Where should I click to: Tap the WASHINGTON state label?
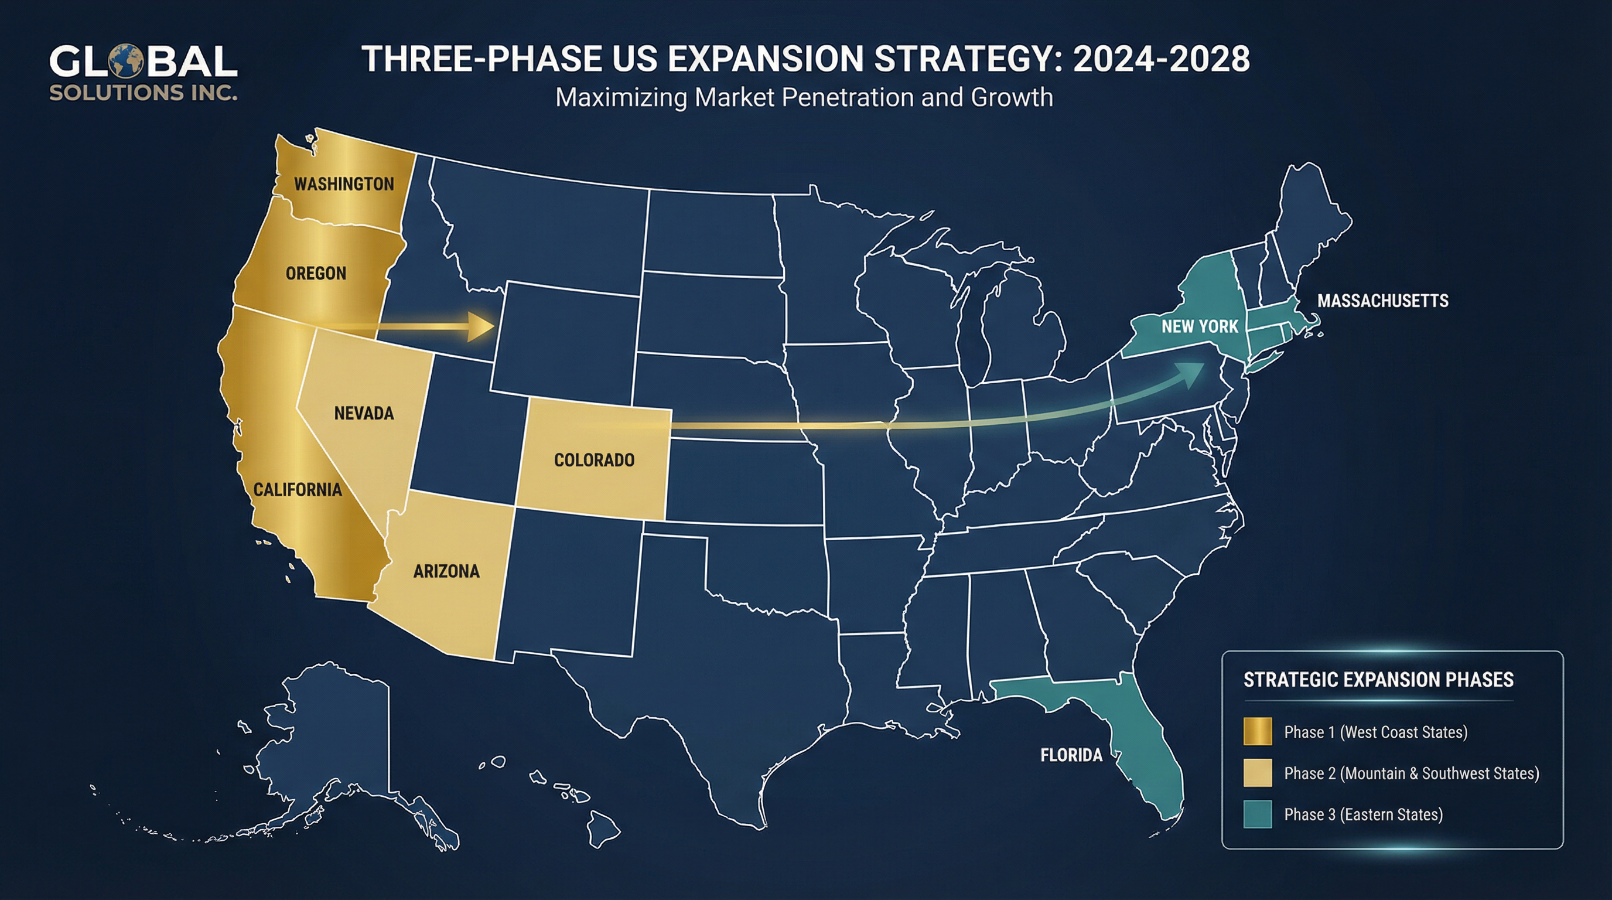pyautogui.click(x=344, y=184)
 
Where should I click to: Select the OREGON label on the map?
pyautogui.click(x=316, y=274)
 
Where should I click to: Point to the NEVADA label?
pyautogui.click(x=364, y=413)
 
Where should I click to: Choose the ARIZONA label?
pyautogui.click(x=446, y=571)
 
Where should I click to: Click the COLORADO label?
pyautogui.click(x=594, y=460)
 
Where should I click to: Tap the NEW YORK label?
pyautogui.click(x=1200, y=326)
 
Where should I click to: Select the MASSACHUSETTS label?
pyautogui.click(x=1382, y=301)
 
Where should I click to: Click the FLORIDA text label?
pyautogui.click(x=1071, y=755)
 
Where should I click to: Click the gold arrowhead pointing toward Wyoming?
pyautogui.click(x=482, y=326)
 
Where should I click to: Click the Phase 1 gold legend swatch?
pyautogui.click(x=1257, y=732)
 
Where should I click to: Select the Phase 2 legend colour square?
pyautogui.click(x=1257, y=773)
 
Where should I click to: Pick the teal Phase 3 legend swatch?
pyautogui.click(x=1257, y=814)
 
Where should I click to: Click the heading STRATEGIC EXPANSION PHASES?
pyautogui.click(x=1378, y=680)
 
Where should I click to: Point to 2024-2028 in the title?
pyautogui.click(x=1161, y=59)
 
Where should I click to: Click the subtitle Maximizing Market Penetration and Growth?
pyautogui.click(x=804, y=98)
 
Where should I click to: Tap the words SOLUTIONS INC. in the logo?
pyautogui.click(x=144, y=93)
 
